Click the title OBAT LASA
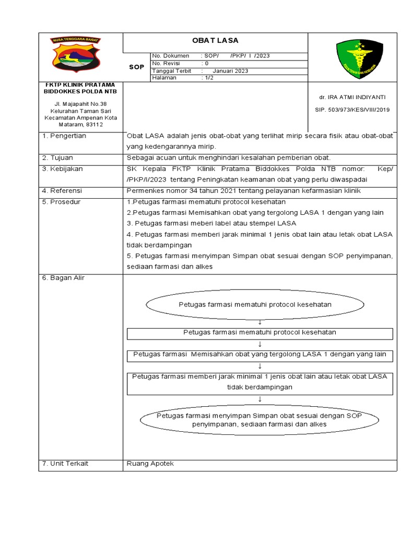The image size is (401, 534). tap(215, 41)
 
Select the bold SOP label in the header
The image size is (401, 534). tap(136, 67)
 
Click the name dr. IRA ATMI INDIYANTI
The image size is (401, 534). tap(352, 97)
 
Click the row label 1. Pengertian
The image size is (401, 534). tap(64, 136)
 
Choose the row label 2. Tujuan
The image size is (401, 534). tap(58, 157)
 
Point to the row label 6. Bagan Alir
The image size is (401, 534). tap(63, 278)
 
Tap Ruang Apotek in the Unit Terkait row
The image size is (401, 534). tap(150, 464)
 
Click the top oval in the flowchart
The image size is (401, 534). tap(255, 305)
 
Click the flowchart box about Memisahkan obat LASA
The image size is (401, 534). tap(260, 355)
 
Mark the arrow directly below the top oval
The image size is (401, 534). tap(260, 322)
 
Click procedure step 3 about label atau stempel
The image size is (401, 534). tap(211, 223)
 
